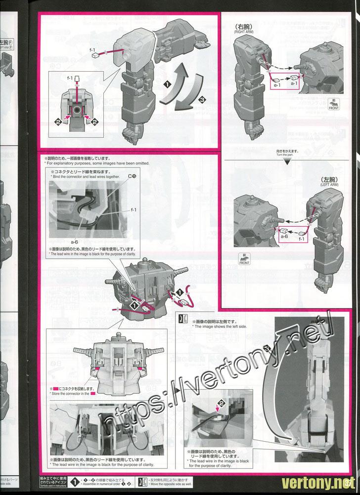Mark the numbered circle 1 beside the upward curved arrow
coord(168,84)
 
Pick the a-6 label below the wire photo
coord(75,242)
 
